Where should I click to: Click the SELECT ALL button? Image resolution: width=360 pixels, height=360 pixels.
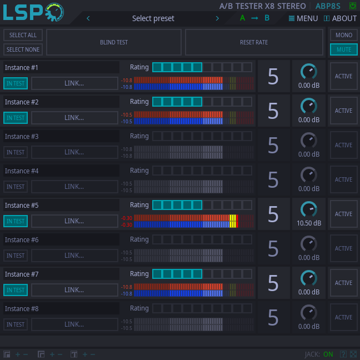(23, 35)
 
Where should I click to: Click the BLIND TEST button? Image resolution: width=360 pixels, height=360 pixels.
(114, 42)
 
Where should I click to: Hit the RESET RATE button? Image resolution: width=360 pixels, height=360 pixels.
(254, 42)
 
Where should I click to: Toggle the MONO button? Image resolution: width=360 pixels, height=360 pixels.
(344, 35)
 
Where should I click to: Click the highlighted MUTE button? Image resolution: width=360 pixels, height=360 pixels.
(344, 49)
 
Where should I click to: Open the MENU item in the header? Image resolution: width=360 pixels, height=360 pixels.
(303, 18)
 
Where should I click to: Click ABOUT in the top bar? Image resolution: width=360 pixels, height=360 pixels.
(340, 18)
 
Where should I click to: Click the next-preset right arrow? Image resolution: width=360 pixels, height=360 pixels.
(217, 18)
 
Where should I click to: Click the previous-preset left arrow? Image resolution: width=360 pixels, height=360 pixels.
(88, 18)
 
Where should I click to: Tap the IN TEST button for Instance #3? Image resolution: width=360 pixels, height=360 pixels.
(16, 152)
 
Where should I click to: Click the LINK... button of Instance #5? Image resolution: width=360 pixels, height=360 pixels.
(74, 221)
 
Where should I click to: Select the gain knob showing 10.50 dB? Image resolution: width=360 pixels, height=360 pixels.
(309, 209)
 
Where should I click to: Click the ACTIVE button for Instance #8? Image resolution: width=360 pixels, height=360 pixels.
(344, 317)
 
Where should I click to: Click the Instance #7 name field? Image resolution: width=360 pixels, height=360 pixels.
(61, 274)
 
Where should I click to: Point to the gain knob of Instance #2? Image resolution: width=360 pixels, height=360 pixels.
(309, 106)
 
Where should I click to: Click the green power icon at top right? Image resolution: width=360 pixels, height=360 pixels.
(352, 6)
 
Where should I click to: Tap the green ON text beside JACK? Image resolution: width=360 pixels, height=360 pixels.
(328, 354)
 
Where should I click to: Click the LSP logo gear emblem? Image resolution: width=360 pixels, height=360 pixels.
(54, 12)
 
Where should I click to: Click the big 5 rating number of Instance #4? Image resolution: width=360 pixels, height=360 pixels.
(273, 180)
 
